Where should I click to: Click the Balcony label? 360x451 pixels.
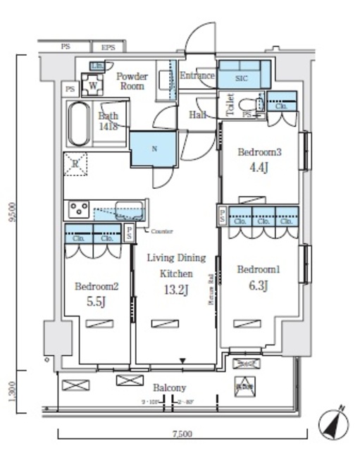(169, 388)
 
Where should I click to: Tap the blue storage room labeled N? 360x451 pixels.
(154, 148)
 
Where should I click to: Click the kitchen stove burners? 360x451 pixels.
(77, 211)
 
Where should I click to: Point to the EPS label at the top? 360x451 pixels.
(108, 47)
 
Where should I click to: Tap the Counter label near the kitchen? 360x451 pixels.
(161, 231)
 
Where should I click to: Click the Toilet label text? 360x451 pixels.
(229, 107)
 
